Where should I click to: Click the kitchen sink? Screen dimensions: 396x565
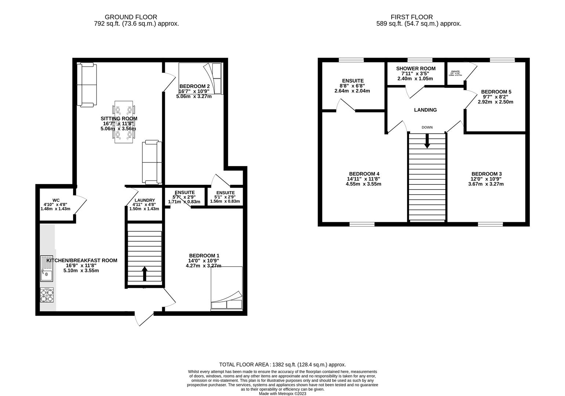coord(47,268)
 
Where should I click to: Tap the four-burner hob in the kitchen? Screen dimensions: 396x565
coord(47,295)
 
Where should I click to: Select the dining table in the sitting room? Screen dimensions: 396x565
coord(124,122)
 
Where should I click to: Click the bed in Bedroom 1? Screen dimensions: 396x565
coord(227,289)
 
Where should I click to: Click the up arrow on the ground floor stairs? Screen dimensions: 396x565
coord(145,274)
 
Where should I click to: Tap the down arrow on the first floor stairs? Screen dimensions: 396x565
coord(427,142)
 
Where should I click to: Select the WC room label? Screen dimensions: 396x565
coord(56,200)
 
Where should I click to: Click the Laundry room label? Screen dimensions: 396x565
coord(145,200)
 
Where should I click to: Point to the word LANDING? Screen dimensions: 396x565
coord(425,110)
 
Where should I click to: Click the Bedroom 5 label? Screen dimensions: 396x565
coord(496,92)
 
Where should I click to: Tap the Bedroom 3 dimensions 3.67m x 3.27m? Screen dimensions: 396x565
coord(486,184)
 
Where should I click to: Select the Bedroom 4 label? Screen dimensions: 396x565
coord(364,174)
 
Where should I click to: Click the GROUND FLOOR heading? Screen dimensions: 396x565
coord(131,17)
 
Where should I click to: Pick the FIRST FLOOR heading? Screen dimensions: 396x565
coord(412,17)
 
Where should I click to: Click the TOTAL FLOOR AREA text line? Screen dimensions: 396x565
coord(282,364)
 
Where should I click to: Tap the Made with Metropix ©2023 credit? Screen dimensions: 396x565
coord(282,394)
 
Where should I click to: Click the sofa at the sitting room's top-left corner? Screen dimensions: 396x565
coord(87,85)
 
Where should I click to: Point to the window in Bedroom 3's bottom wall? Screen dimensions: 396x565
coord(490,224)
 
